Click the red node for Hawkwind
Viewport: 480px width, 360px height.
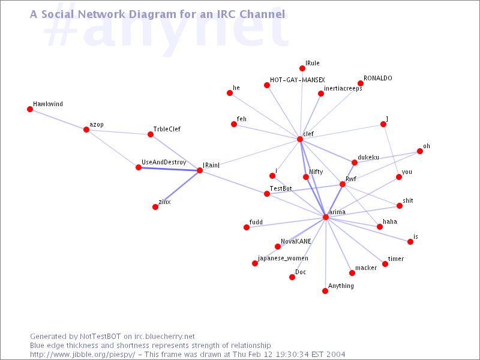(x=30, y=109)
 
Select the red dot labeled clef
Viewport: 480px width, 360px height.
(x=300, y=139)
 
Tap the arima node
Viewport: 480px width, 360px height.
(x=326, y=217)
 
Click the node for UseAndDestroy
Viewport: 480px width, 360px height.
(x=139, y=167)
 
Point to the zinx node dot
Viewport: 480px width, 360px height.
(x=155, y=207)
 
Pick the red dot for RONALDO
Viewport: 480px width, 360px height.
(x=361, y=83)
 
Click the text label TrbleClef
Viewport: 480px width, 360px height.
(x=167, y=129)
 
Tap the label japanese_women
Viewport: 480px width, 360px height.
(x=283, y=259)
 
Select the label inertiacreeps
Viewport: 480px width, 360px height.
(x=343, y=88)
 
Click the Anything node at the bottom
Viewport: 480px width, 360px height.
(x=325, y=291)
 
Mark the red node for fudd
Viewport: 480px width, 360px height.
(x=247, y=227)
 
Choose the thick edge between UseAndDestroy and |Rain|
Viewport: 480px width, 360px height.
(x=169, y=169)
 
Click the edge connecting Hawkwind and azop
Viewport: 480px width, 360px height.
(x=58, y=119)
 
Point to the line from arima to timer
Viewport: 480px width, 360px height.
(x=355, y=241)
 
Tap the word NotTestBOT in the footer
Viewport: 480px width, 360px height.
(x=100, y=337)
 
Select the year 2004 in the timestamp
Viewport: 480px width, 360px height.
(x=336, y=355)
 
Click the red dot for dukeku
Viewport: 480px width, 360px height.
(x=355, y=163)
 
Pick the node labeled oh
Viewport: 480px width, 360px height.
(x=420, y=151)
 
